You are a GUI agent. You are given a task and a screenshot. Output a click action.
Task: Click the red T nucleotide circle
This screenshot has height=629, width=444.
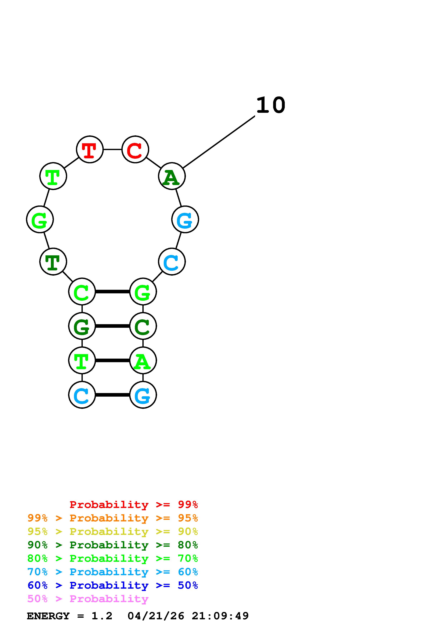click(x=90, y=149)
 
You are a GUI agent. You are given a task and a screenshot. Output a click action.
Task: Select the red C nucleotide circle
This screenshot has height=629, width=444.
click(x=135, y=149)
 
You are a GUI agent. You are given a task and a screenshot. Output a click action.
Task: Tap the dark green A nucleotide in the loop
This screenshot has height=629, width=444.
click(x=172, y=176)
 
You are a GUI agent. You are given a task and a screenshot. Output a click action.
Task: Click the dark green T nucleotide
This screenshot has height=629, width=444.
click(x=53, y=261)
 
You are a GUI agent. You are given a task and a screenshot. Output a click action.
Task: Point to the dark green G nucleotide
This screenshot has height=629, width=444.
click(x=82, y=326)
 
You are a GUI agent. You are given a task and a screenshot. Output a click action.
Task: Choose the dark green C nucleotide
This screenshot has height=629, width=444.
click(x=143, y=326)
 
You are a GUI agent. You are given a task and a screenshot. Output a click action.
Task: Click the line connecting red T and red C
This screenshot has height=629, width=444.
click(x=112, y=149)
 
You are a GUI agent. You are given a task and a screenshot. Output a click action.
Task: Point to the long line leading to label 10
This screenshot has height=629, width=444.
click(x=219, y=142)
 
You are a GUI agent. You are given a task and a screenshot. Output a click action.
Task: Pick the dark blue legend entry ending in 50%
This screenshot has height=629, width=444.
click(x=112, y=585)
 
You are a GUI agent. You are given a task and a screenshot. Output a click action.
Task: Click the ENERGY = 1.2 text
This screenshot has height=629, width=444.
click(x=69, y=616)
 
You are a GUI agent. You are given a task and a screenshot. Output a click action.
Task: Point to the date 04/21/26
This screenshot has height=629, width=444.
click(x=156, y=616)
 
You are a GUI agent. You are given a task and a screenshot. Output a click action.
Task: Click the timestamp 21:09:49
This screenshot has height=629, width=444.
click(x=220, y=616)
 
